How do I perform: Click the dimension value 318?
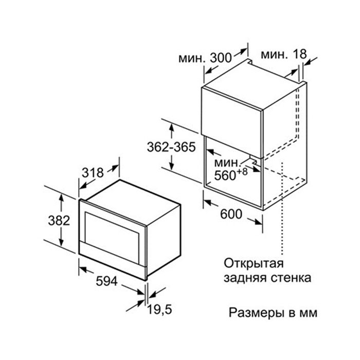coord(93,172)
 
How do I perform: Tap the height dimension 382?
coord(59,221)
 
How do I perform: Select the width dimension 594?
coord(107,281)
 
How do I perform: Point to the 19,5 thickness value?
coord(159,309)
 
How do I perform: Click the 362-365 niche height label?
coord(171,147)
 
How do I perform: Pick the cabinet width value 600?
coord(231,214)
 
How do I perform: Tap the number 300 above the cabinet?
coord(221,58)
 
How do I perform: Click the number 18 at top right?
coord(299,54)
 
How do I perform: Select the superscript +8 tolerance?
coord(242,171)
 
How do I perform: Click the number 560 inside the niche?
coord(225,176)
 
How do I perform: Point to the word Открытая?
coord(254,263)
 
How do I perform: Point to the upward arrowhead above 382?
coord(61,197)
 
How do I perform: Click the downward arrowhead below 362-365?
coord(172,166)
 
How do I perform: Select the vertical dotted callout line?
coord(282,208)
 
